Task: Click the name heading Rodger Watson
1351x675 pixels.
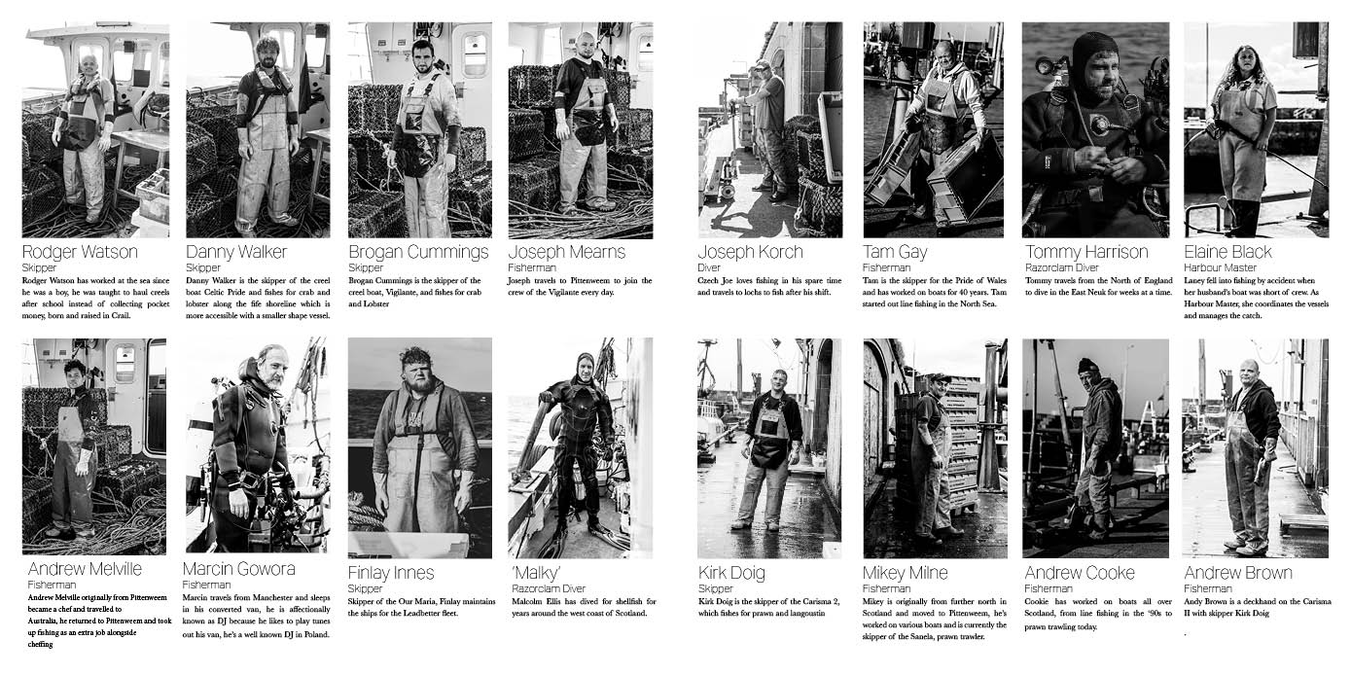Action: pyautogui.click(x=80, y=252)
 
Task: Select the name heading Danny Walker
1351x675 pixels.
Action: pyautogui.click(x=235, y=252)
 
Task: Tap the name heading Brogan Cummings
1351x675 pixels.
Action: pyautogui.click(x=418, y=252)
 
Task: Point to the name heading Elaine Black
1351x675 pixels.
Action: pyautogui.click(x=1227, y=252)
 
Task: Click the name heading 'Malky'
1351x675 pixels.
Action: pyautogui.click(x=536, y=573)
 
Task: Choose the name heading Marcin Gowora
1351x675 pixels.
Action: pyautogui.click(x=239, y=569)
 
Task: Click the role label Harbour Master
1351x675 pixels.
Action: pyautogui.click(x=1220, y=267)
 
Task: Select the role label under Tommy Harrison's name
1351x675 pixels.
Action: pyautogui.click(x=1061, y=267)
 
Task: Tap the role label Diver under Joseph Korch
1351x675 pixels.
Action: pyautogui.click(x=709, y=267)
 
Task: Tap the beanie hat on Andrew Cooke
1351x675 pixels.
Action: pyautogui.click(x=1087, y=365)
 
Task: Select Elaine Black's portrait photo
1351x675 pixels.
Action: pyautogui.click(x=1256, y=129)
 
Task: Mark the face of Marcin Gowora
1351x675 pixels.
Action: pyautogui.click(x=272, y=370)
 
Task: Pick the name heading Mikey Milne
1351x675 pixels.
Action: pyautogui.click(x=905, y=573)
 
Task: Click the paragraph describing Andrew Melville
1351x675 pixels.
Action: pyautogui.click(x=99, y=621)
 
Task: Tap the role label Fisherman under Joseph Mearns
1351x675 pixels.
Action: pyautogui.click(x=532, y=267)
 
